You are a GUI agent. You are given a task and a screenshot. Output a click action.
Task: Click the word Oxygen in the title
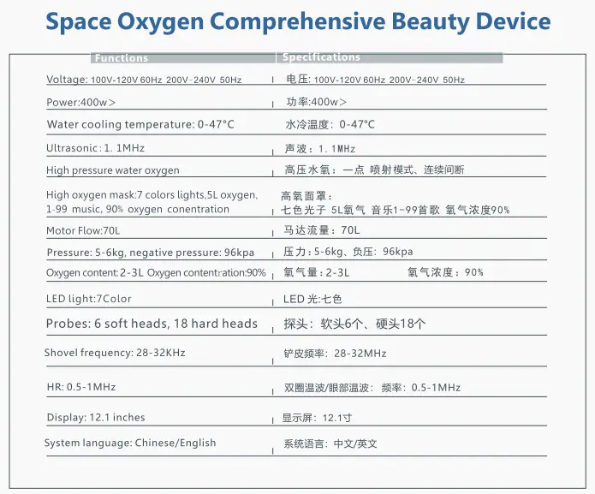(160, 22)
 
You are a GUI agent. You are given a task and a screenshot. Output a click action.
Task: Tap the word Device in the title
(513, 21)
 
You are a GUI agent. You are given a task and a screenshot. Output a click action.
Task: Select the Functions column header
(122, 58)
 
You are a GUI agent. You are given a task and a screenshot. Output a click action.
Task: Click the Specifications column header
(321, 57)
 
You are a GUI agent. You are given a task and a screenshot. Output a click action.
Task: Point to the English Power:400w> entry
(80, 103)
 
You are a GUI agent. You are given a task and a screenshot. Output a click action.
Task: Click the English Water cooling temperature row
(140, 124)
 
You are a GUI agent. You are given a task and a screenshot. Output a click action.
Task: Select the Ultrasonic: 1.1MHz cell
(95, 148)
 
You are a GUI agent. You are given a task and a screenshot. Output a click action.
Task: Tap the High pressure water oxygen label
(113, 170)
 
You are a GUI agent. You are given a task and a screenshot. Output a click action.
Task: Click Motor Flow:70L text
(83, 230)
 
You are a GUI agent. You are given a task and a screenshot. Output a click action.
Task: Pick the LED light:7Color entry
(89, 299)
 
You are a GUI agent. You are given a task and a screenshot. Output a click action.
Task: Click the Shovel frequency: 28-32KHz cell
(115, 353)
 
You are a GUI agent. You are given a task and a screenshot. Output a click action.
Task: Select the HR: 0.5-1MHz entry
(81, 387)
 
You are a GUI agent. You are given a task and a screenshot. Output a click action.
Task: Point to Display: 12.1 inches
(96, 417)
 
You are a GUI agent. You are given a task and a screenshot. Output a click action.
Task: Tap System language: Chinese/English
(130, 443)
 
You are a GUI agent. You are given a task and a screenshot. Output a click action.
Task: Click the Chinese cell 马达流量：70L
(322, 230)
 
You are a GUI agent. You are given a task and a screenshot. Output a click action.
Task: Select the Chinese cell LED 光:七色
(312, 299)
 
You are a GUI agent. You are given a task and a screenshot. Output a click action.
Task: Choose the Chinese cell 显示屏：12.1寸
(318, 418)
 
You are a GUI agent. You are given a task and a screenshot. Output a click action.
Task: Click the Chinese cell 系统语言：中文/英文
(330, 443)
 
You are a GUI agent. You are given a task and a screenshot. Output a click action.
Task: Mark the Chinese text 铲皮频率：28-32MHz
(335, 354)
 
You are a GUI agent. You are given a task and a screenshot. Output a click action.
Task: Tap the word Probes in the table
(67, 324)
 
